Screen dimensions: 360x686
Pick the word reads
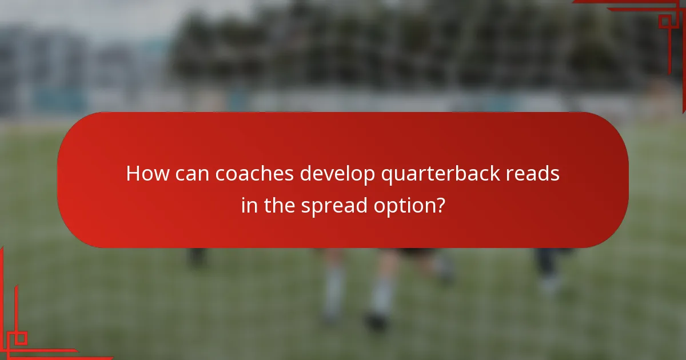[534, 173]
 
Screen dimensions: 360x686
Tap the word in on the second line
[249, 205]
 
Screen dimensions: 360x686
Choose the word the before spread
[278, 205]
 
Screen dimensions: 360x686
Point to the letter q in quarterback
[386, 175]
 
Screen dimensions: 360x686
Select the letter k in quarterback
[449, 173]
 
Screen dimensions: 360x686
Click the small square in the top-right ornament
[664, 22]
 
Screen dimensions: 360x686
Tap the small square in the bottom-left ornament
[21, 338]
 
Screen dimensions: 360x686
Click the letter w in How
[159, 174]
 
